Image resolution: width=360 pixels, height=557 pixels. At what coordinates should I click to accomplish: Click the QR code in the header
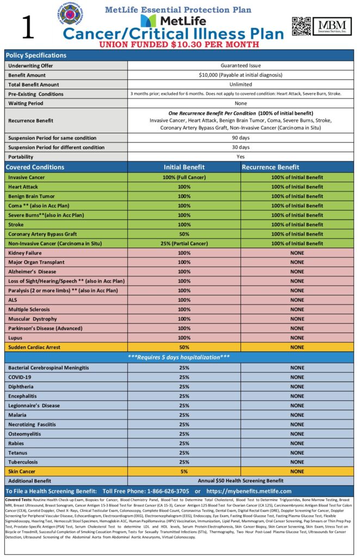click(301, 26)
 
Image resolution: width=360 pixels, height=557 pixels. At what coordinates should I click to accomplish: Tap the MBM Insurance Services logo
click(332, 26)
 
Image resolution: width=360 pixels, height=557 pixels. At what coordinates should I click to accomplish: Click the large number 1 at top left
click(28, 27)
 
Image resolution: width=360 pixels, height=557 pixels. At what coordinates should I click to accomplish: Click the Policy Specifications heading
click(36, 55)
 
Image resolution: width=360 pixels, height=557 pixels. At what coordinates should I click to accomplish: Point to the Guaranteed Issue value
click(240, 65)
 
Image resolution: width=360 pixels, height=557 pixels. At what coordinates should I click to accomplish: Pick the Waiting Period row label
click(26, 103)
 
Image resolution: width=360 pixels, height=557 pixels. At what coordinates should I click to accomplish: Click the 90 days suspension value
click(240, 138)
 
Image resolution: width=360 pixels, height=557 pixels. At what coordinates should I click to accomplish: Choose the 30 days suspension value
click(240, 147)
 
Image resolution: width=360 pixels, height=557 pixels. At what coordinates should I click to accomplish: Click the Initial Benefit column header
click(184, 167)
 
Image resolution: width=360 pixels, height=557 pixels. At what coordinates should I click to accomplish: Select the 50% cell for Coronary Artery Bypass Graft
click(184, 234)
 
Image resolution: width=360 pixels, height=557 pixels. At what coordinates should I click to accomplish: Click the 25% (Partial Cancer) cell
click(184, 243)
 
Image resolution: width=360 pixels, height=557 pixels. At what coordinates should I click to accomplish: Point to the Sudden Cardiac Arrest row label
click(34, 347)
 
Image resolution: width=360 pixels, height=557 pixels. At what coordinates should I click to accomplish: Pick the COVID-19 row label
click(20, 377)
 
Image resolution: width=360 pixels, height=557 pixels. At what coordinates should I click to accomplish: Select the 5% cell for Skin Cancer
click(184, 472)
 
